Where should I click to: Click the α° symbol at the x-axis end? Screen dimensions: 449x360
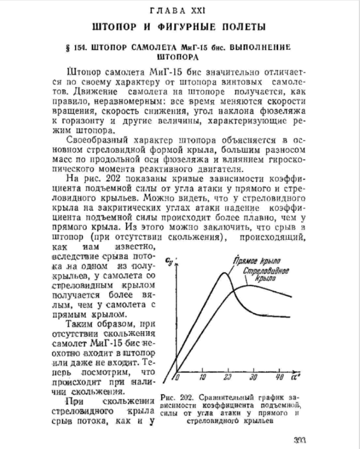[x=297, y=377]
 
